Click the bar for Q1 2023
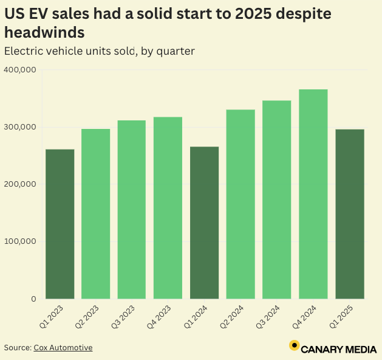(x=60, y=224)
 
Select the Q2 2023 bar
(x=96, y=213)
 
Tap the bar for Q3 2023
(x=132, y=209)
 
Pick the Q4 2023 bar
(x=168, y=207)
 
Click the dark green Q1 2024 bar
(x=204, y=223)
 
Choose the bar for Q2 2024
(x=240, y=204)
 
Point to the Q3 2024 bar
(x=277, y=199)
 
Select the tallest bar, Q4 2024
(x=313, y=194)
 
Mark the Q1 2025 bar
(x=349, y=213)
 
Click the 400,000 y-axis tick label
(x=20, y=70)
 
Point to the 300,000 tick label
(x=20, y=127)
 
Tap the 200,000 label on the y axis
(x=20, y=184)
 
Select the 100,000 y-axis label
(x=20, y=241)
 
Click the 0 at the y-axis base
(x=33, y=299)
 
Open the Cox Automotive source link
(x=63, y=348)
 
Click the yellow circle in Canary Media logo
(x=294, y=346)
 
